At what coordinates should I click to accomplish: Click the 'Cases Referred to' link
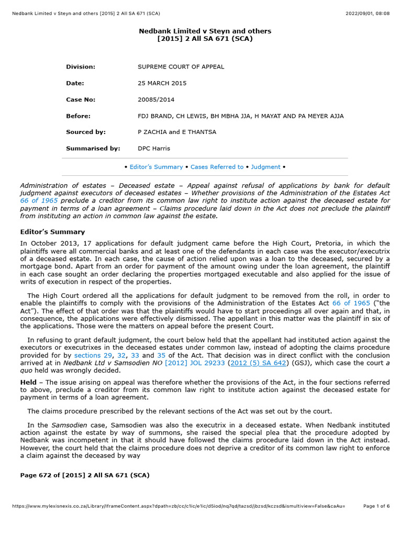click(217, 167)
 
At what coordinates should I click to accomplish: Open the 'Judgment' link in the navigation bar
click(265, 167)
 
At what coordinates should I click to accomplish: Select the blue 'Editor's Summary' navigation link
click(156, 167)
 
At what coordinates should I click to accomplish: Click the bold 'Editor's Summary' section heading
click(52, 232)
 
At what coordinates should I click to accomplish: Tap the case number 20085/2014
click(156, 99)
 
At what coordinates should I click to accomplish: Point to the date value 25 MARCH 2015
click(162, 83)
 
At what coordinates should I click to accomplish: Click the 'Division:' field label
click(81, 67)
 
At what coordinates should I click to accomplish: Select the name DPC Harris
click(153, 149)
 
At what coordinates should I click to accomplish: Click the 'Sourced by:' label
click(85, 132)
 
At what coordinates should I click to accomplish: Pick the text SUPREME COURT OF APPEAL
click(181, 67)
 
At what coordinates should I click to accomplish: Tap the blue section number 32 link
click(122, 355)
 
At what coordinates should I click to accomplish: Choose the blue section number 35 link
click(161, 355)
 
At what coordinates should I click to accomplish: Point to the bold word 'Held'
click(29, 383)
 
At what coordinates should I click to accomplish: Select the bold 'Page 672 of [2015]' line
click(85, 475)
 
